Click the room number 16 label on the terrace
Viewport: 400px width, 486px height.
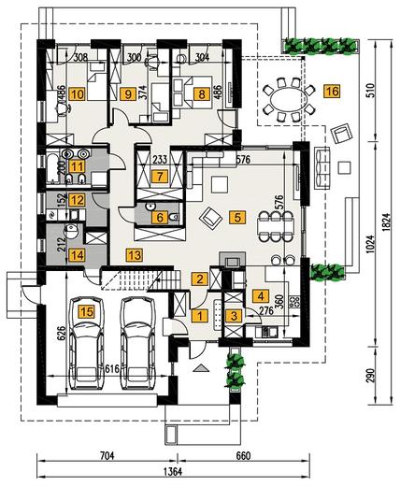(x=332, y=92)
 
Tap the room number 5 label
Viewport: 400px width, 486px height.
(x=237, y=217)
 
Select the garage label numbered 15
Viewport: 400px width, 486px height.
(x=87, y=311)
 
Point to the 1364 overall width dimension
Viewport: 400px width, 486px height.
(x=173, y=471)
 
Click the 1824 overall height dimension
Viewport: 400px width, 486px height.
(x=386, y=222)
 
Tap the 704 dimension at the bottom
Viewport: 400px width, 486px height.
(x=107, y=456)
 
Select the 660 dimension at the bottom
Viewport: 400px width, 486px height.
(x=243, y=456)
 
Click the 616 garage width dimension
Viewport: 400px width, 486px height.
(x=112, y=369)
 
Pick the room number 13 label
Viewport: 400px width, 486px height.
(x=135, y=255)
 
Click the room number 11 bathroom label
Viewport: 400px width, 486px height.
(x=77, y=166)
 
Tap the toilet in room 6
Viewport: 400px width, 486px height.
(x=174, y=217)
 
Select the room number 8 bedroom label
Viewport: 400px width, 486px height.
(x=202, y=93)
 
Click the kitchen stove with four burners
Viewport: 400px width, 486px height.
(x=294, y=302)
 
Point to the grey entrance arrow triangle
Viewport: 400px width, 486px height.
(x=201, y=368)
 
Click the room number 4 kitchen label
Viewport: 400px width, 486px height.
(x=261, y=296)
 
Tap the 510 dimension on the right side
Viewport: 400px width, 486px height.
(x=371, y=91)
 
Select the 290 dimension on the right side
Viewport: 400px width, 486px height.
(x=371, y=376)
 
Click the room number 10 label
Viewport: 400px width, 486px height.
(x=77, y=93)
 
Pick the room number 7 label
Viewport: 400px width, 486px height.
(x=160, y=177)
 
